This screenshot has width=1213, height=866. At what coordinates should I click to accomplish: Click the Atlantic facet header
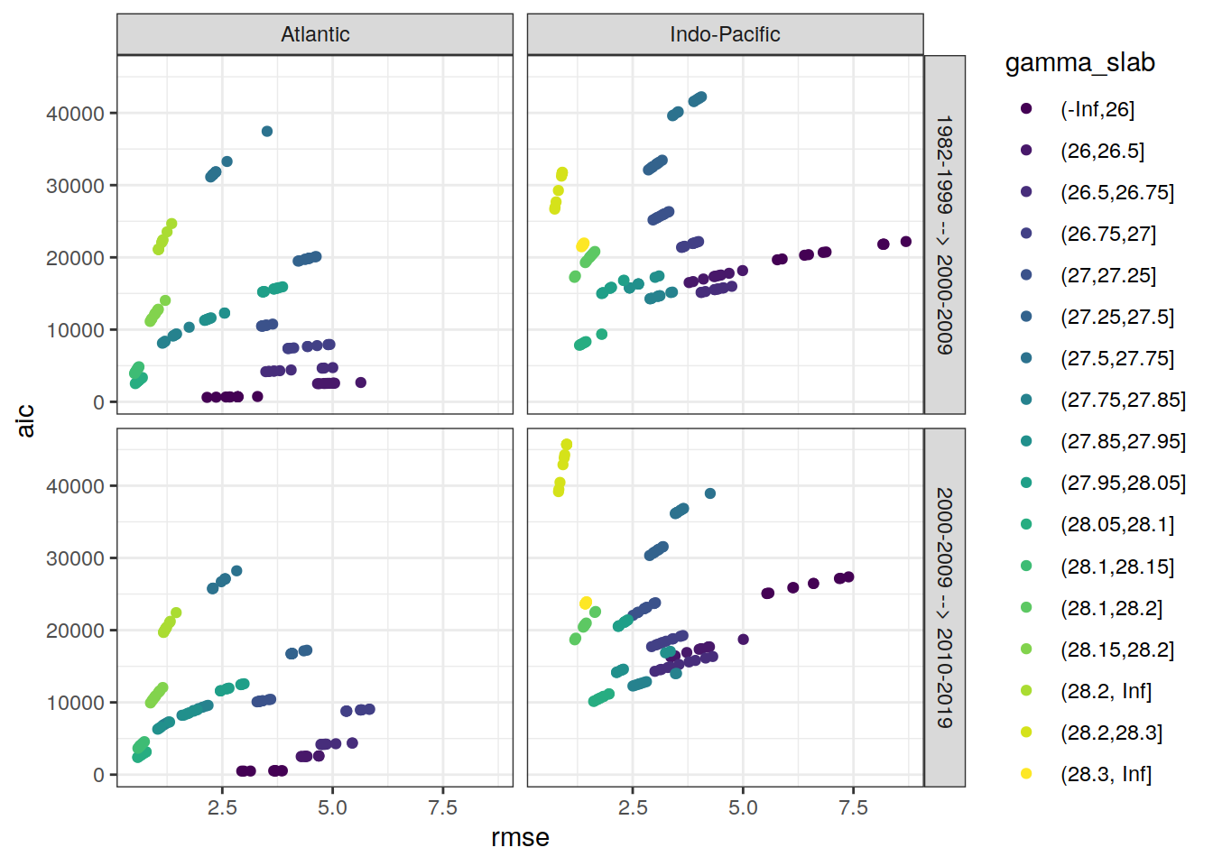tap(315, 34)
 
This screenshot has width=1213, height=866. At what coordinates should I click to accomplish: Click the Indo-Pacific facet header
tap(725, 34)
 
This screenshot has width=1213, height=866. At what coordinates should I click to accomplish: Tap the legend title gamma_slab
tap(1079, 62)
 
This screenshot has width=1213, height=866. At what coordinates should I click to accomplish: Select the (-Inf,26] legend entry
tap(1097, 109)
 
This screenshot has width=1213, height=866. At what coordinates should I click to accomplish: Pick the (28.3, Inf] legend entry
tap(1106, 774)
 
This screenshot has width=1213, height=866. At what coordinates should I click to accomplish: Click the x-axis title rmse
tap(520, 837)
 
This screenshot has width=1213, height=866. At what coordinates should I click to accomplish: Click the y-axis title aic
tap(25, 420)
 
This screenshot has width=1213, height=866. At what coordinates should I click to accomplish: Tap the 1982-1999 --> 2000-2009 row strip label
tap(944, 235)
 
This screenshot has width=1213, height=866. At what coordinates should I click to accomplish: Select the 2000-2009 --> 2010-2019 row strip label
tap(944, 607)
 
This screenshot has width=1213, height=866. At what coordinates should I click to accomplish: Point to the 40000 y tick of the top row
tap(75, 114)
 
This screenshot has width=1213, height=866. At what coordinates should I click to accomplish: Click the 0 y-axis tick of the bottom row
tap(98, 775)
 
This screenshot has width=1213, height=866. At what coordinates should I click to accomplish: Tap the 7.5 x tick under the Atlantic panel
tap(442, 807)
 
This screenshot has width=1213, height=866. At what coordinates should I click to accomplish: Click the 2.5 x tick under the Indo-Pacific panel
tap(633, 807)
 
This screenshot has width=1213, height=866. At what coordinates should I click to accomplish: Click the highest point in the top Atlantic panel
tap(267, 132)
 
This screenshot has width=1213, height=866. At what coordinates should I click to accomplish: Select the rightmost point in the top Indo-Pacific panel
tap(906, 242)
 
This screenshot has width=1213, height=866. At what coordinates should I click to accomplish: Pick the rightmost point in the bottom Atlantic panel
tap(369, 709)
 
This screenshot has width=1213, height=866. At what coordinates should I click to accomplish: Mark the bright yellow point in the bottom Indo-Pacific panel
tap(586, 603)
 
